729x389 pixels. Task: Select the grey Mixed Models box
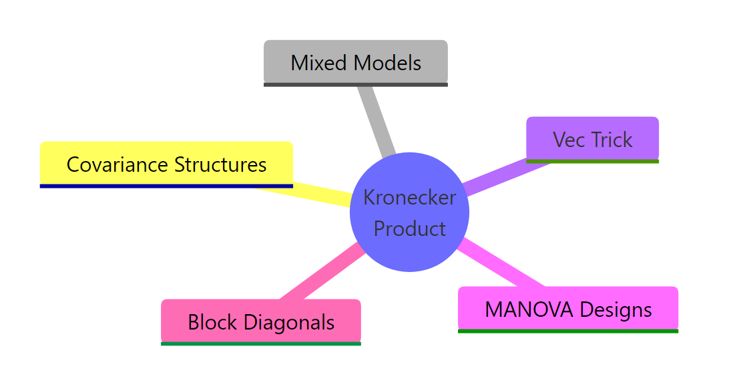pos(355,62)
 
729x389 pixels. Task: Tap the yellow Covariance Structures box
pos(166,164)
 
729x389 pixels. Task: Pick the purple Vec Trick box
pos(592,139)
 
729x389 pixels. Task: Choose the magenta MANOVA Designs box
pos(567,309)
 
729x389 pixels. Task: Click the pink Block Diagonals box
pos(261,321)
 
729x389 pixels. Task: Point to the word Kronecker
pos(409,197)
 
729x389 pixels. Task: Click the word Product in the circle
pos(409,229)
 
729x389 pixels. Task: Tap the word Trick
pos(612,140)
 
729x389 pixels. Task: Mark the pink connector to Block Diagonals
pos(321,273)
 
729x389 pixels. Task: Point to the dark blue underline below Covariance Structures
pos(166,186)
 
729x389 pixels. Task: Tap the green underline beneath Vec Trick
pos(592,161)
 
